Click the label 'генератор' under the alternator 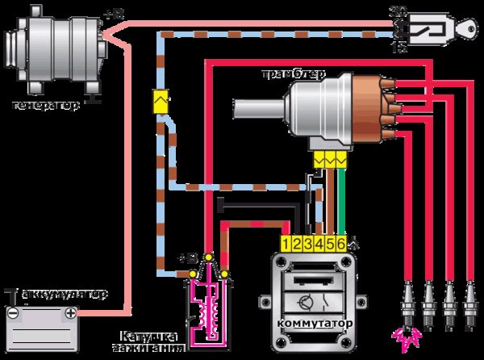pos(46,105)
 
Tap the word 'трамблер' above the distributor pos(291,75)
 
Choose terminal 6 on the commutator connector pos(342,242)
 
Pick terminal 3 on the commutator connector pos(308,242)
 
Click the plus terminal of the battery pos(71,312)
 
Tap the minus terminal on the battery pos(13,312)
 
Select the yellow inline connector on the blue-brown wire pos(160,102)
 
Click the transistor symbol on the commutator pos(306,304)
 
